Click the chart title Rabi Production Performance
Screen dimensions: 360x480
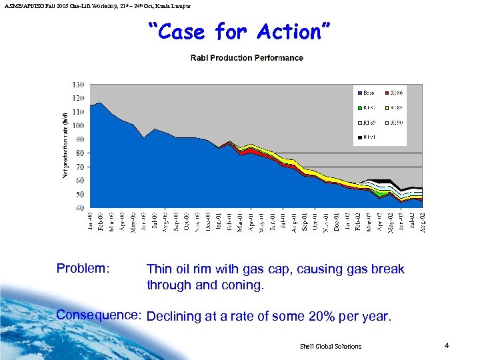pos(247,58)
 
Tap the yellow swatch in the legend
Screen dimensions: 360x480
pos(388,107)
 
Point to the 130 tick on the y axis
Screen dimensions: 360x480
pos(79,85)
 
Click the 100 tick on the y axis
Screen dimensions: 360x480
pos(79,126)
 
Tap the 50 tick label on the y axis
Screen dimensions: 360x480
pos(80,194)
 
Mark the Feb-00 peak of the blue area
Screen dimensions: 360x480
pos(101,103)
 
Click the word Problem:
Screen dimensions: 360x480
pos(83,269)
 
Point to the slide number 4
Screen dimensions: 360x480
pos(447,345)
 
